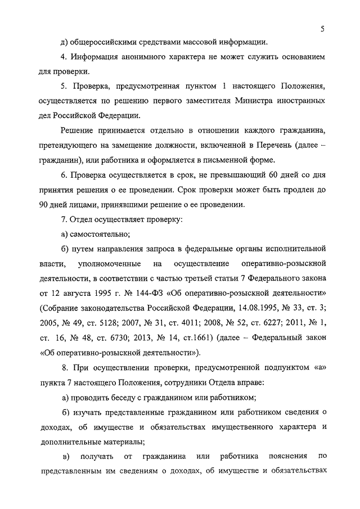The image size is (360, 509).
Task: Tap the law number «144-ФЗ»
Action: click(x=152, y=292)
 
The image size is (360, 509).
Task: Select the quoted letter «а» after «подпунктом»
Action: click(x=317, y=368)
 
